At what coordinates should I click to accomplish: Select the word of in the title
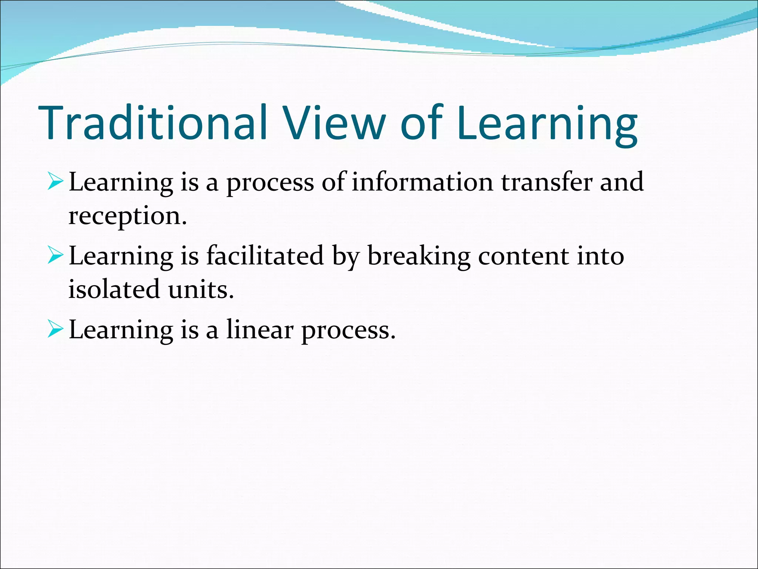(x=422, y=123)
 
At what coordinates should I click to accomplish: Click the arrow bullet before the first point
(x=56, y=183)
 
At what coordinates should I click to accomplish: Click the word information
(x=422, y=182)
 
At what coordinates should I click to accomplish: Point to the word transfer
(x=547, y=182)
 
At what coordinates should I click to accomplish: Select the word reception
(x=127, y=216)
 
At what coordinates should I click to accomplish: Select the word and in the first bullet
(x=622, y=182)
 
